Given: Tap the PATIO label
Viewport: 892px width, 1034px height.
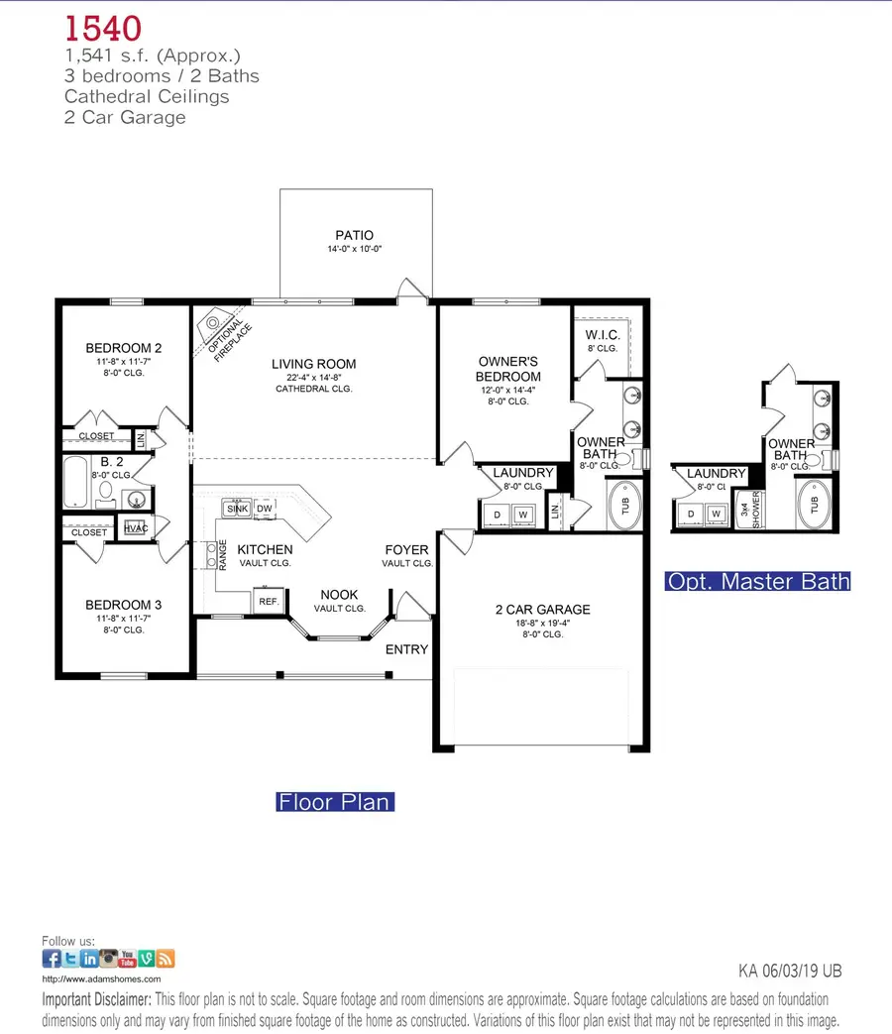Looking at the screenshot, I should (353, 235).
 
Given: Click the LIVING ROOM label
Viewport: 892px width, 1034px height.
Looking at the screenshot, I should (313, 364).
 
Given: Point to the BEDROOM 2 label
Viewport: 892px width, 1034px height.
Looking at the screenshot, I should (123, 348).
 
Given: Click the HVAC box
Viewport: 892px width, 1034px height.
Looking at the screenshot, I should (135, 528).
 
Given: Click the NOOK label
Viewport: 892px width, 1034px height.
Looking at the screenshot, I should (340, 595).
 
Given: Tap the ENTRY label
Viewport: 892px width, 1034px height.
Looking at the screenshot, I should (406, 649).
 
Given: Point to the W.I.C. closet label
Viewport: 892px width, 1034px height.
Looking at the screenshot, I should (603, 334).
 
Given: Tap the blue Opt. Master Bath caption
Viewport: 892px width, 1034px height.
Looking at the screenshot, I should (758, 581).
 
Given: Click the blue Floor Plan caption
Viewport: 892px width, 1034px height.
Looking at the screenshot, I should (334, 801).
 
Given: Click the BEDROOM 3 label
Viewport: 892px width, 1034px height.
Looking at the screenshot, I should (123, 605).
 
